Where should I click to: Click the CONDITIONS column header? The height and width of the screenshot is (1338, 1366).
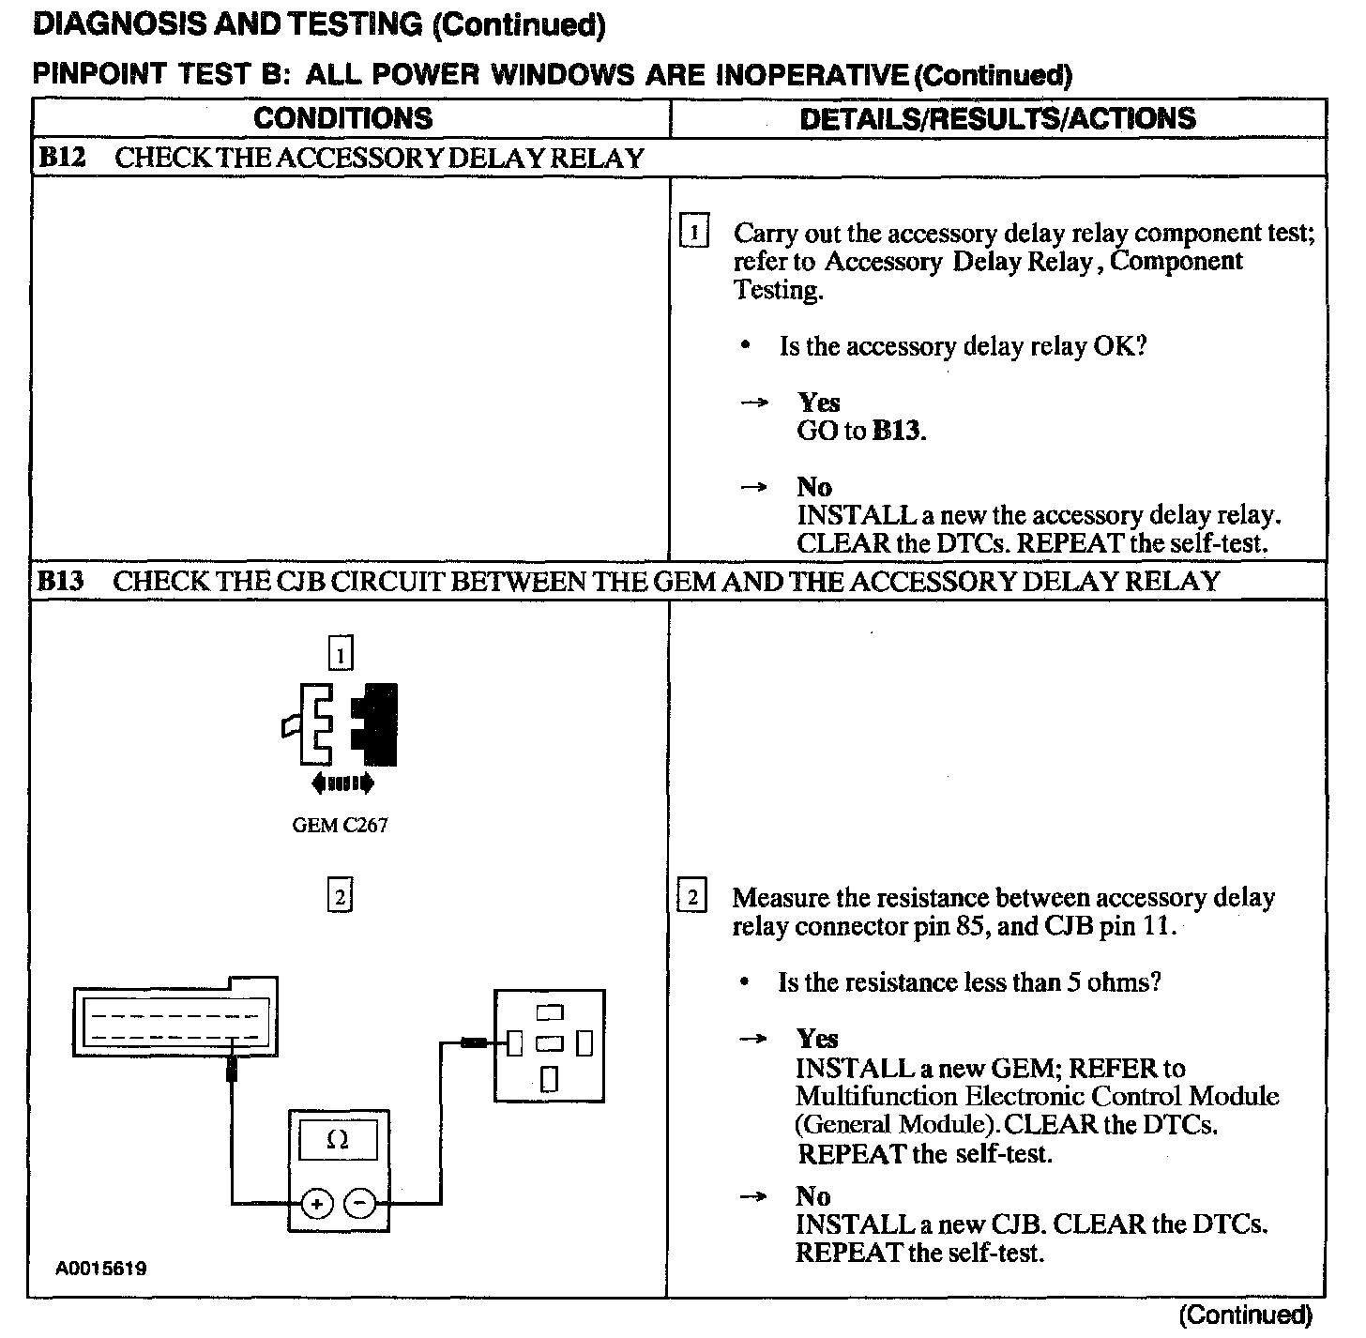pyautogui.click(x=342, y=118)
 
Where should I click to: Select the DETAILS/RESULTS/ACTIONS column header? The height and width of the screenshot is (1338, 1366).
pyautogui.click(x=997, y=118)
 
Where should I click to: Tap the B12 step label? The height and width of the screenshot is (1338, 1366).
pyautogui.click(x=61, y=158)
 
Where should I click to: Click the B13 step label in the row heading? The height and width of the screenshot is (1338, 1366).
pyautogui.click(x=61, y=581)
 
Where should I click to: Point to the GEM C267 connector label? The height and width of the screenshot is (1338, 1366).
pyautogui.click(x=340, y=826)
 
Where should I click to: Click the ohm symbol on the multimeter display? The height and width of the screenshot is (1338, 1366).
pyautogui.click(x=338, y=1141)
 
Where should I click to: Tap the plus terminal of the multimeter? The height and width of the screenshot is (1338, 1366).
pyautogui.click(x=317, y=1204)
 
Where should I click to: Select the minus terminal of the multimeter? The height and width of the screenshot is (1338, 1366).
pyautogui.click(x=360, y=1204)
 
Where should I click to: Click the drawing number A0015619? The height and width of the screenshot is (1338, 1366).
pyautogui.click(x=100, y=1269)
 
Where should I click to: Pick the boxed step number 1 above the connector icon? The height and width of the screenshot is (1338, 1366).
pyautogui.click(x=341, y=653)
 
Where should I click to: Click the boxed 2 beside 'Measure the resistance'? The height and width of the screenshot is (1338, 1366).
pyautogui.click(x=692, y=898)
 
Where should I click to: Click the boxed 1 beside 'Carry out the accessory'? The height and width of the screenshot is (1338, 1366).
pyautogui.click(x=693, y=232)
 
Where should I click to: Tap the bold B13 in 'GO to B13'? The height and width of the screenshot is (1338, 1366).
pyautogui.click(x=897, y=431)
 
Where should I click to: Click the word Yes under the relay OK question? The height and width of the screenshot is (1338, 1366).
pyautogui.click(x=819, y=403)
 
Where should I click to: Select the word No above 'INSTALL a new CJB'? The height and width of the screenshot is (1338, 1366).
pyautogui.click(x=813, y=1196)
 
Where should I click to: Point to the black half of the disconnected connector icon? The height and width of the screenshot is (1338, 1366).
pyautogui.click(x=377, y=722)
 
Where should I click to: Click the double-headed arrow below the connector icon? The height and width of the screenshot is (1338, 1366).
pyautogui.click(x=341, y=783)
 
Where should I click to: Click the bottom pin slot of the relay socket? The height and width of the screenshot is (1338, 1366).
pyautogui.click(x=550, y=1079)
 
